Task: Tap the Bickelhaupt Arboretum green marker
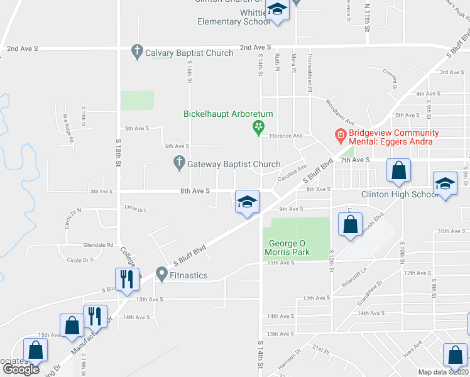point(258,128)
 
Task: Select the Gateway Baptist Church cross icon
point(179,164)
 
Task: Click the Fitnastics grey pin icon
point(162,275)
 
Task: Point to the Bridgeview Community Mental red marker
point(341,135)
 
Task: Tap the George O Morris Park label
point(289,248)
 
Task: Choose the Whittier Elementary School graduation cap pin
point(276,9)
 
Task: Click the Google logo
point(21,369)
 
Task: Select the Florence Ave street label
point(286,136)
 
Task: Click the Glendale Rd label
point(99,245)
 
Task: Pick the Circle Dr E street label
point(136,208)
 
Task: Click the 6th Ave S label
point(177,146)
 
